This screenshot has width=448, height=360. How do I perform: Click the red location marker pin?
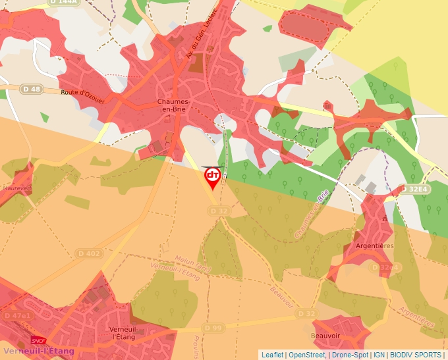click(212, 176)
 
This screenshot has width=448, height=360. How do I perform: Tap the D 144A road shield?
click(63, 3)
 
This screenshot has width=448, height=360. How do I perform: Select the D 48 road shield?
click(31, 89)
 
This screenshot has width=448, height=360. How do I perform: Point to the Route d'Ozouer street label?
click(82, 93)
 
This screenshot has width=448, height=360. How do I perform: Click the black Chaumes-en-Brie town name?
click(175, 106)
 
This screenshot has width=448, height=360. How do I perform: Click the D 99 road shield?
click(213, 328)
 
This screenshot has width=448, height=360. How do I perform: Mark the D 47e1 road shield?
click(16, 316)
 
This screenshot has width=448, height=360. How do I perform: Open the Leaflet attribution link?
click(272, 355)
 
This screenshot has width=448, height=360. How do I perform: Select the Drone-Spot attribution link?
click(349, 355)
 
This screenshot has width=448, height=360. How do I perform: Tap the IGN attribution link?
click(379, 355)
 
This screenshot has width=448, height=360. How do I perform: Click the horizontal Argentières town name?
click(374, 245)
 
